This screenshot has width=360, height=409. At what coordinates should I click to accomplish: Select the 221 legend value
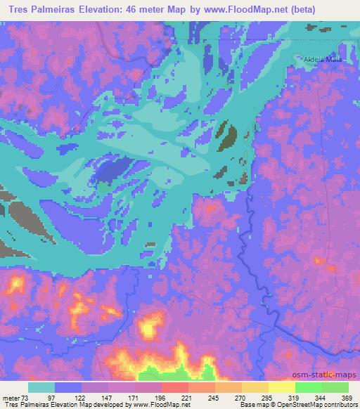[186, 397]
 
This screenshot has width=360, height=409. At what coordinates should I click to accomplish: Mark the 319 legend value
[294, 397]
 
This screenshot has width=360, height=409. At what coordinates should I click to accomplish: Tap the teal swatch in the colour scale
[41, 387]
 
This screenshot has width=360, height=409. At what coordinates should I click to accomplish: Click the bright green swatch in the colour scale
[309, 387]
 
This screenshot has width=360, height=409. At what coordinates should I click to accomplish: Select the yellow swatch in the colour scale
[255, 387]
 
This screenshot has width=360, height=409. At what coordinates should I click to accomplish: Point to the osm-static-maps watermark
[329, 376]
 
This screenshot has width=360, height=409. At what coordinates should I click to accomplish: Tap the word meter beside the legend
[9, 397]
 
